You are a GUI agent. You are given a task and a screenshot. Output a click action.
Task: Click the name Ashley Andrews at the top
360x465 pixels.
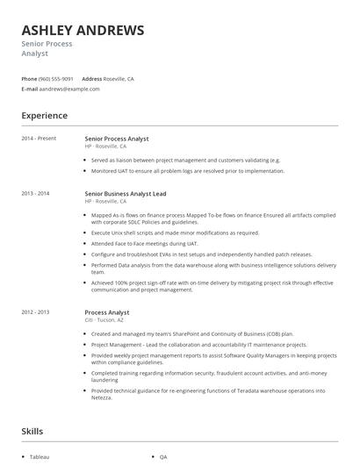click(83, 31)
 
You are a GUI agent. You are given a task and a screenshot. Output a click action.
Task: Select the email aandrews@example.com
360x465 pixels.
click(69, 89)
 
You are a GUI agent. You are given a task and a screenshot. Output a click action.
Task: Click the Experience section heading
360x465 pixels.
click(44, 115)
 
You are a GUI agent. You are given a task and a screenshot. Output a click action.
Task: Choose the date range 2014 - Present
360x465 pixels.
click(39, 139)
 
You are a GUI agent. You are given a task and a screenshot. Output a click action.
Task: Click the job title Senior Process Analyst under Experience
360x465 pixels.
click(117, 139)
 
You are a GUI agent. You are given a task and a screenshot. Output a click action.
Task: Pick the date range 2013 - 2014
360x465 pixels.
click(36, 192)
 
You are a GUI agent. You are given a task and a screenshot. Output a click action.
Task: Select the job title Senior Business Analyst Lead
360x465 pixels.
click(126, 192)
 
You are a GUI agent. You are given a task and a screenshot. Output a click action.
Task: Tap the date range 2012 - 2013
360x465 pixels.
click(36, 312)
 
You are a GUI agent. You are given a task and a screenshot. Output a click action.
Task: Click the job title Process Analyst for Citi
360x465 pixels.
click(107, 312)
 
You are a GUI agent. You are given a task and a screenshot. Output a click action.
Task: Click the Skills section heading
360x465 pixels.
click(32, 431)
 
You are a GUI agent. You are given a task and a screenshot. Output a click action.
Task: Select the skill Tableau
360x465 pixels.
click(40, 457)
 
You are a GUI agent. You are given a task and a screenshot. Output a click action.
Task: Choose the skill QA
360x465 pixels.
click(163, 457)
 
